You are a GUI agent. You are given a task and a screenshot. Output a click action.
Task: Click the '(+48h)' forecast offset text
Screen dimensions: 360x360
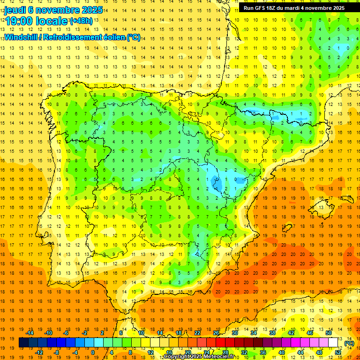click(81, 21)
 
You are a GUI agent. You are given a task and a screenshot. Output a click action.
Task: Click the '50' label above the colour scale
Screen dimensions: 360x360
click(329, 333)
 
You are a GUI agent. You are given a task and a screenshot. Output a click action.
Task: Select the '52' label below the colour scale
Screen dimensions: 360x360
click(338, 352)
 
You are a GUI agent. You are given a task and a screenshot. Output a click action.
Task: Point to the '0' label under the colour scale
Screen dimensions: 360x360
click(93, 352)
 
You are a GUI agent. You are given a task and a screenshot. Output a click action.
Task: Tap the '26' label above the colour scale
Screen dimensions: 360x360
click(216, 333)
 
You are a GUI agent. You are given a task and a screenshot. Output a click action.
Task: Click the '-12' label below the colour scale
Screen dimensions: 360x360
click(39, 352)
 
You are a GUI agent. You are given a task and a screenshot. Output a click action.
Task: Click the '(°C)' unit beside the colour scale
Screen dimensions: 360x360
click(349, 343)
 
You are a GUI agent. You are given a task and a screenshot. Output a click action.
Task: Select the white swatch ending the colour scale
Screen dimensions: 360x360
click(333, 343)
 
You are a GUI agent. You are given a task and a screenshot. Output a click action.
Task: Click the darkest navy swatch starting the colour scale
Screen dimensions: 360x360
click(23, 343)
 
